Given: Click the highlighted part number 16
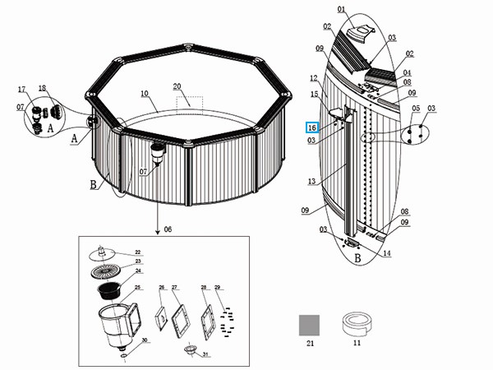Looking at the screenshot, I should coord(311,128).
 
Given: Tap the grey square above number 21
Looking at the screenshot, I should coord(309,324).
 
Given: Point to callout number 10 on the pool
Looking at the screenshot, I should coord(144,94).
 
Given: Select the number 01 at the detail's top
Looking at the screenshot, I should coord(341,10).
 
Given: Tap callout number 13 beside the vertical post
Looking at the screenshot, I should coord(311,181).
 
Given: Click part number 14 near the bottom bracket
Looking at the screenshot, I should coord(386,253).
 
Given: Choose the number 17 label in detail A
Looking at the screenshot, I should coord(22,89).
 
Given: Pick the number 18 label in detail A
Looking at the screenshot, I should coord(42,88).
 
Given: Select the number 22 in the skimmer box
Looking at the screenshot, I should coord(137,252).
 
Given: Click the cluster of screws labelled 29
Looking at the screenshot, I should coord(224,317).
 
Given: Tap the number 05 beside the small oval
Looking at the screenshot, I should coord(416,109).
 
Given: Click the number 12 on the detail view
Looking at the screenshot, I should coord(313,79).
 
